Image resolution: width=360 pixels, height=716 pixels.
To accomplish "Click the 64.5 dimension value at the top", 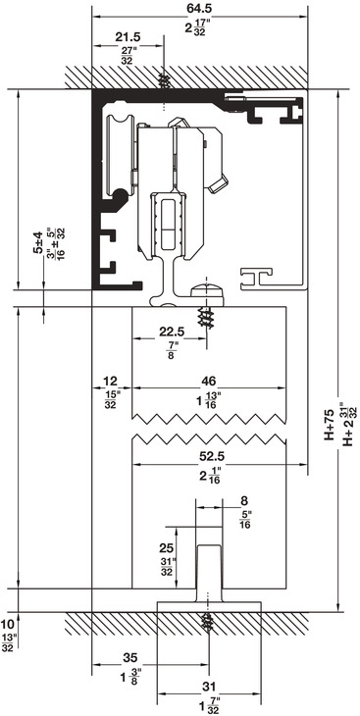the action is (200, 9).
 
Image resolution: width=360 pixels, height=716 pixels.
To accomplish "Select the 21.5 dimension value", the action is (128, 37).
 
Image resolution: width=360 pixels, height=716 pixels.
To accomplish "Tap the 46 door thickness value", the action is (209, 381).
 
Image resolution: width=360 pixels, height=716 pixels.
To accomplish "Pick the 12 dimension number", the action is (110, 381).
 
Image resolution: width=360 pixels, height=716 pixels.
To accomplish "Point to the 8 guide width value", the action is (244, 501).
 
